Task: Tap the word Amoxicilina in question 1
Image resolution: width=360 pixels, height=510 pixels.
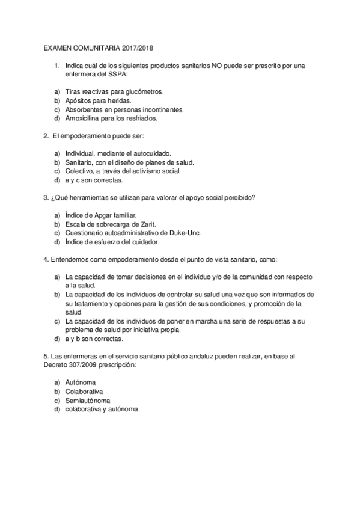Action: (84, 118)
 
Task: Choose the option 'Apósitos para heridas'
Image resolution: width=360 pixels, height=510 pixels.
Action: (98, 100)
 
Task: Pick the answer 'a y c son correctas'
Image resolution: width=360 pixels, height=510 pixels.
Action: (94, 180)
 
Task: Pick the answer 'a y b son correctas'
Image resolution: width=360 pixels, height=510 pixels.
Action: (94, 339)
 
